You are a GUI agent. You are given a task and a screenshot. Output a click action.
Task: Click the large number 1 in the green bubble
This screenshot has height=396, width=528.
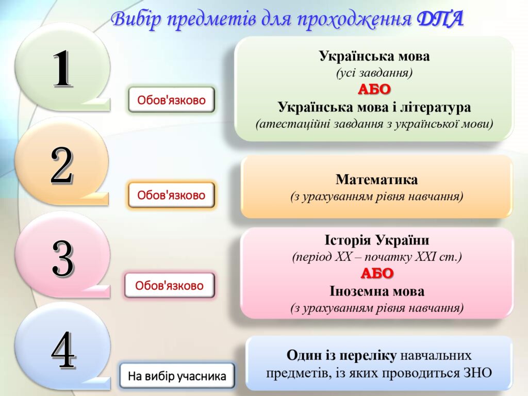[x=62, y=69]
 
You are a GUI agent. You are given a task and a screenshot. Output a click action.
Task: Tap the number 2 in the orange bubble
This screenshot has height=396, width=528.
[x=62, y=166]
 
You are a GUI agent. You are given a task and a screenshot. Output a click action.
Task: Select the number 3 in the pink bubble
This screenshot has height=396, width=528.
[x=62, y=259]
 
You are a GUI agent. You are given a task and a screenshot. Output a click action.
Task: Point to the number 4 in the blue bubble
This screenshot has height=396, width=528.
[x=63, y=350]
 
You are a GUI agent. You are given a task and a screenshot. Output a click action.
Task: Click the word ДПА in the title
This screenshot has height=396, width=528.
[x=440, y=19]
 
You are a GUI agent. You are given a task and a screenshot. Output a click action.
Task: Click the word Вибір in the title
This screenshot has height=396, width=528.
[x=137, y=20]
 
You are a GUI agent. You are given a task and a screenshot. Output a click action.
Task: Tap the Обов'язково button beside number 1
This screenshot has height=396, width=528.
[x=171, y=100]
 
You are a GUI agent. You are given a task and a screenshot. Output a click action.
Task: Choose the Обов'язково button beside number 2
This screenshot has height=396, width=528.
[x=171, y=195]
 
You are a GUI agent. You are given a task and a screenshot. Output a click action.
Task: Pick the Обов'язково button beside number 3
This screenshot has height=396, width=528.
[x=169, y=286]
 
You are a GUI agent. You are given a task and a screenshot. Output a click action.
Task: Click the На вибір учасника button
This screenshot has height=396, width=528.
[x=177, y=376]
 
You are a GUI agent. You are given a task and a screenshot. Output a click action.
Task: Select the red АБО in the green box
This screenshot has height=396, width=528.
[x=374, y=90]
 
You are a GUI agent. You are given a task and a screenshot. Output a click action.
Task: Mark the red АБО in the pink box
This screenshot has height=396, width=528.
[x=377, y=273]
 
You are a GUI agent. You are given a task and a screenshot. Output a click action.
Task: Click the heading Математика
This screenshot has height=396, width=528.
[x=376, y=179]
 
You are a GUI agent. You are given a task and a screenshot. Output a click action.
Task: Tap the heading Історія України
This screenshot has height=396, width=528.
[x=377, y=240]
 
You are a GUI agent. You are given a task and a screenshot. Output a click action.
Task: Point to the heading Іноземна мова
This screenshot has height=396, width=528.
[x=377, y=291]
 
